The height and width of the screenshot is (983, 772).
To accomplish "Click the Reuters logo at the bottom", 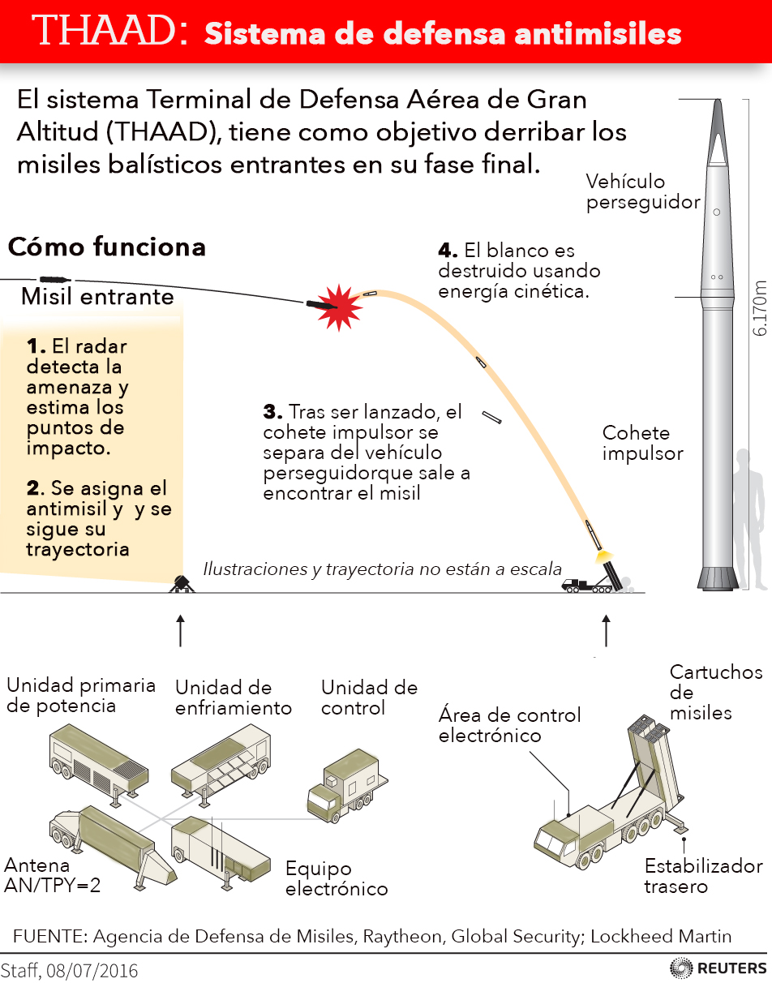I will click(x=718, y=968).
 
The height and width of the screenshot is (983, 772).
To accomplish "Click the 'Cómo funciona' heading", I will click(x=106, y=247).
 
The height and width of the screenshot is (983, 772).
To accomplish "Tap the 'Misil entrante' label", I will click(x=97, y=296).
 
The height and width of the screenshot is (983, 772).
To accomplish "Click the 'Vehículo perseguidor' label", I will click(x=642, y=191).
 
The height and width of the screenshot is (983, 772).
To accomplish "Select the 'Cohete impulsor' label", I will click(x=642, y=443).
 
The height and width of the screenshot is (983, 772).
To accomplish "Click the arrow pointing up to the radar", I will click(x=180, y=630).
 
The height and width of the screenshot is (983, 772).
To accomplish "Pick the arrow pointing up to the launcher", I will click(x=606, y=630).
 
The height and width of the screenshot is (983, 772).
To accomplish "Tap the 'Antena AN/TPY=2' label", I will click(x=52, y=875).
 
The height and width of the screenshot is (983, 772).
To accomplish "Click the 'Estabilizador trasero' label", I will click(x=703, y=876).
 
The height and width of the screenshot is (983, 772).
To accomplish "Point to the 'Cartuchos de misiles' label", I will click(x=715, y=693).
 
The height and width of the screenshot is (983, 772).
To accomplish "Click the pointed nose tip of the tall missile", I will click(x=717, y=104).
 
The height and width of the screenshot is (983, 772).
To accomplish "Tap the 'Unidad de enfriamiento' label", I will click(x=233, y=698).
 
